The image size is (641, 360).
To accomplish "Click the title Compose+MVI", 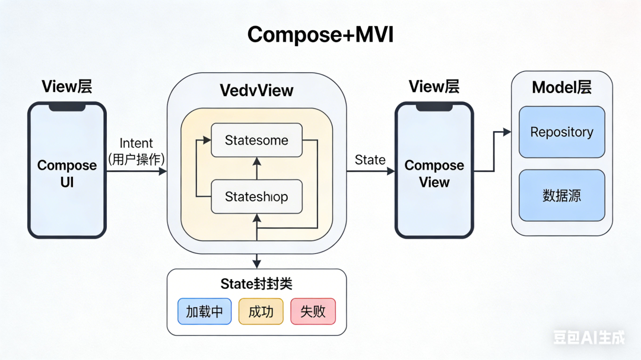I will (x=320, y=35).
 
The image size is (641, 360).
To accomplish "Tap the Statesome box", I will (x=256, y=141).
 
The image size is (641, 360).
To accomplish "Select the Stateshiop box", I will (x=256, y=197).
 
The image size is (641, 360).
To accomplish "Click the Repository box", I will (x=561, y=132).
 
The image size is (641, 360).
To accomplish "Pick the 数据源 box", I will (x=561, y=196).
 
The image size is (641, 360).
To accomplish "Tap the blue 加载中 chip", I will (x=204, y=311).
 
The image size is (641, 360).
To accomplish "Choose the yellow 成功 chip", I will (x=261, y=311).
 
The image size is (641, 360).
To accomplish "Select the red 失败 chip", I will (x=313, y=311).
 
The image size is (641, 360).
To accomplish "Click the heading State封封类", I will (x=256, y=284).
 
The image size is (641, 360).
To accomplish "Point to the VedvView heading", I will (x=256, y=90).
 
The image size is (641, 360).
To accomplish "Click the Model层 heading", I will (x=561, y=87).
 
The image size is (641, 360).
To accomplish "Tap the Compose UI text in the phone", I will (x=67, y=174).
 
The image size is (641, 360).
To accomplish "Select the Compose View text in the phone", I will (x=434, y=174).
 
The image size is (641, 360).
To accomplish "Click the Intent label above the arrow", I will (x=137, y=144).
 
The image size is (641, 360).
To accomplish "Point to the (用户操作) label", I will (x=137, y=159).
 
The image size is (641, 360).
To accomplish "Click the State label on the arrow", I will (x=370, y=160).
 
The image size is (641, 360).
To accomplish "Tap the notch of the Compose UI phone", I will (x=67, y=107).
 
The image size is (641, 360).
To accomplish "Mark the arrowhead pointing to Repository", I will (x=507, y=132).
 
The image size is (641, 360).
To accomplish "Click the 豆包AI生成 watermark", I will (x=589, y=337).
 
